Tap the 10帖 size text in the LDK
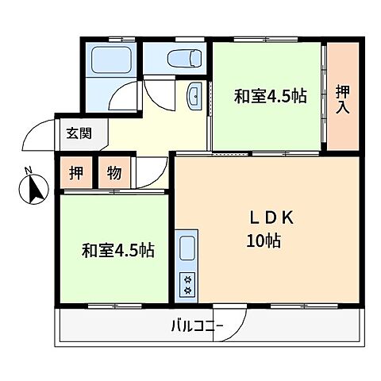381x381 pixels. click(262, 240)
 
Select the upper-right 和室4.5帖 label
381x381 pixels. click(270, 97)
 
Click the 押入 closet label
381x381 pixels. click(344, 97)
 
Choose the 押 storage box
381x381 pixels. click(73, 174)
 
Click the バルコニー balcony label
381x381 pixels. click(196, 325)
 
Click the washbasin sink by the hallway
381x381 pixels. click(194, 97)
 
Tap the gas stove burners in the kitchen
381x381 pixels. click(188, 284)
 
